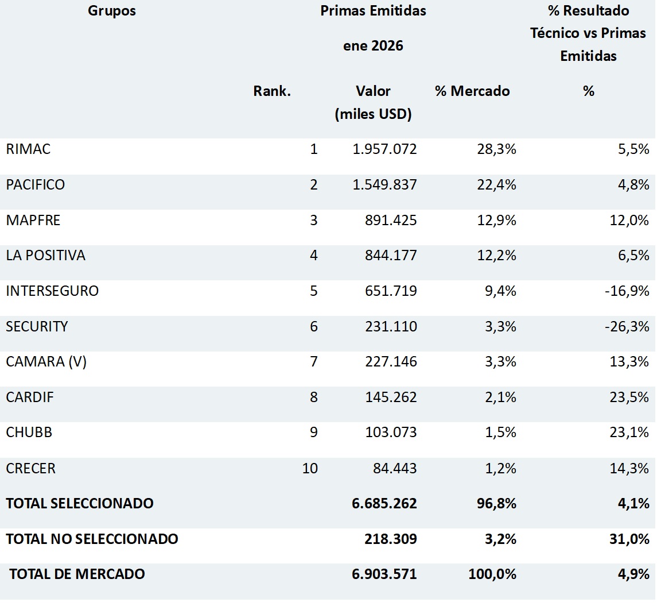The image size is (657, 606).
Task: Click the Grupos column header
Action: pos(112,11)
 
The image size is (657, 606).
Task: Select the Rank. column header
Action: pos(272,91)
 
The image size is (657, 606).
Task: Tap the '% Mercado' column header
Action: pos(472,91)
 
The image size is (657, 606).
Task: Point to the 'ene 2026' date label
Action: pos(373,46)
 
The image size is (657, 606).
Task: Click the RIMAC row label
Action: pos(28,149)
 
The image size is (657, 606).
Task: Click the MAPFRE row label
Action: pos(33,221)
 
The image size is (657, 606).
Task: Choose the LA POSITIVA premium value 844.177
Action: pos(391,256)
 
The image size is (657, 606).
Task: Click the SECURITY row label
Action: pos(37,327)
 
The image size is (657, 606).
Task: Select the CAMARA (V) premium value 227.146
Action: pos(391,362)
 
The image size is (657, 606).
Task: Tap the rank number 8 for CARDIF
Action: pos(313,397)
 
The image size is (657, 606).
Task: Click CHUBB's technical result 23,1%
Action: pos(629,433)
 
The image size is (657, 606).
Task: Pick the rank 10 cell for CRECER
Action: pos(310,469)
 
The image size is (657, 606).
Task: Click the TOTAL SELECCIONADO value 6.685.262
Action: pos(384,504)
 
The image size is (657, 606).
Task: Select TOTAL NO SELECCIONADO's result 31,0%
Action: pos(629,539)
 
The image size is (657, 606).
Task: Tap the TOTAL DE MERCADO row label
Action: pos(77,574)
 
